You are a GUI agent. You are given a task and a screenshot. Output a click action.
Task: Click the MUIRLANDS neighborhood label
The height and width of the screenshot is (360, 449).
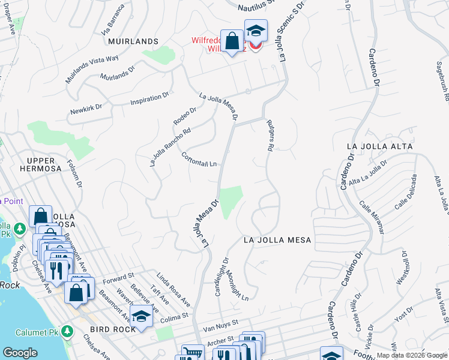133,41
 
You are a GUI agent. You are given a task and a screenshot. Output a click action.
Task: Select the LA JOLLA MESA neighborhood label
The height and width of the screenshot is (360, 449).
277,240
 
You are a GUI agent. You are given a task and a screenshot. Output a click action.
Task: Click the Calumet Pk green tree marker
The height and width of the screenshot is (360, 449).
68,330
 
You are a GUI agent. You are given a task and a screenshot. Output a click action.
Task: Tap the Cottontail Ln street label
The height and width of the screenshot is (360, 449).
199,160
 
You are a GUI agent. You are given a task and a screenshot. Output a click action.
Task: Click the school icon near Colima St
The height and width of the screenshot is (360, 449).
141,317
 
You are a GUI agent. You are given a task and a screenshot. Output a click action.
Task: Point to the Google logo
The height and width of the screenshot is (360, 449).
20,353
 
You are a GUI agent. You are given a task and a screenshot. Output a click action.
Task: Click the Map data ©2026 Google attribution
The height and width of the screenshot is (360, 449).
412,355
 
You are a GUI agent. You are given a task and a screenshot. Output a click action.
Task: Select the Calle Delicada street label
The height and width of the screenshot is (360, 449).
405,193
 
